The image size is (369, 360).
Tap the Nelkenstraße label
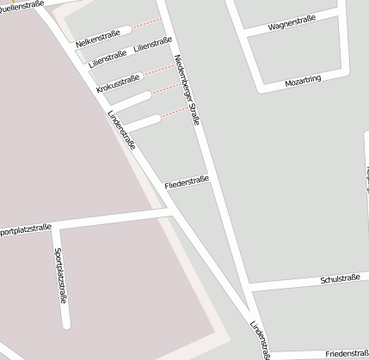click(x=97, y=40)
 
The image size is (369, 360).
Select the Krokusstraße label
click(x=119, y=83)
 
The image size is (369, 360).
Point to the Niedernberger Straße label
click(x=187, y=90)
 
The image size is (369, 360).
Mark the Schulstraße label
click(x=339, y=279)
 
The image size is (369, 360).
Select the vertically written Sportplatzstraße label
click(x=60, y=276)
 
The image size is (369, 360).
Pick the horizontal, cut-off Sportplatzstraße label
click(x=26, y=229)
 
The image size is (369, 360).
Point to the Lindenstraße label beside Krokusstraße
click(x=121, y=131)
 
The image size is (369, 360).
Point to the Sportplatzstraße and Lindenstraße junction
click(x=174, y=211)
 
